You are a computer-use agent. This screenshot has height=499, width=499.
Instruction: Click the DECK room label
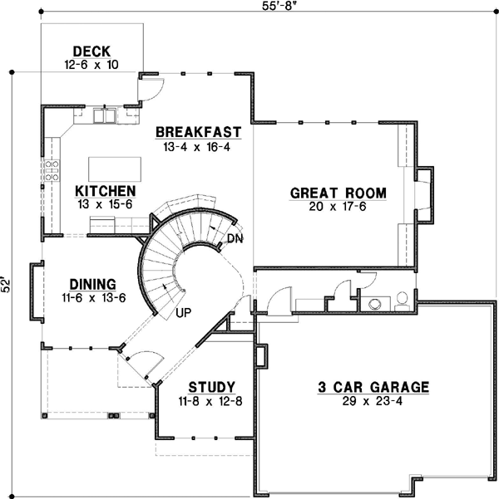pyautogui.click(x=91, y=51)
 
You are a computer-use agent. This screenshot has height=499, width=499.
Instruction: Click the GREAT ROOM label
pyautogui.click(x=338, y=193)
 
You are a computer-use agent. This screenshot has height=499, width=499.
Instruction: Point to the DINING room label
pyautogui.click(x=93, y=283)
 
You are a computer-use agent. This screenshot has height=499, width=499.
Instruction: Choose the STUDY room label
pyautogui.click(x=211, y=387)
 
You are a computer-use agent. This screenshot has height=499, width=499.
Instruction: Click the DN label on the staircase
pyautogui.click(x=235, y=239)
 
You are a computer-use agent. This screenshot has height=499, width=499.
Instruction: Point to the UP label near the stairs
pyautogui.click(x=184, y=313)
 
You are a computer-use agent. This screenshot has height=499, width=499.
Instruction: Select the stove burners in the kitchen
pyautogui.click(x=52, y=170)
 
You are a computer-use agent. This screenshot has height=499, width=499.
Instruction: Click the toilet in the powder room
pyautogui.click(x=402, y=299)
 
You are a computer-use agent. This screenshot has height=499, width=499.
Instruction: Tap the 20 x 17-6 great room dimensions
pyautogui.click(x=338, y=207)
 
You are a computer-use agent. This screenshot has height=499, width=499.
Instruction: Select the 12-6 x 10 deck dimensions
pyautogui.click(x=91, y=64)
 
